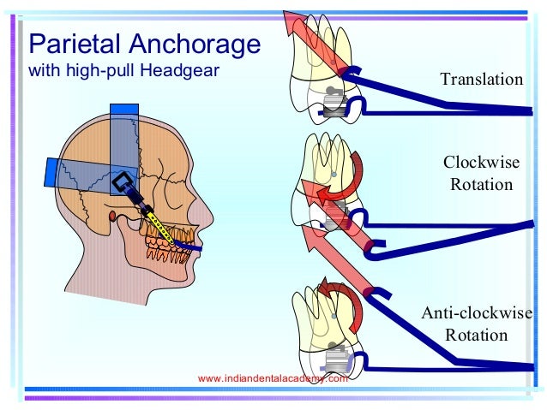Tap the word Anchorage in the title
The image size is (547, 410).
click(191, 42)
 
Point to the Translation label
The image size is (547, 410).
click(481, 80)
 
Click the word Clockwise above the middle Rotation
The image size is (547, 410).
click(478, 163)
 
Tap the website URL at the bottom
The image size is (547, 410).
click(273, 377)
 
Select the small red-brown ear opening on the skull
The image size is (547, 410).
click(114, 214)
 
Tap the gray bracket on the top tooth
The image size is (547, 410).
click(334, 103)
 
